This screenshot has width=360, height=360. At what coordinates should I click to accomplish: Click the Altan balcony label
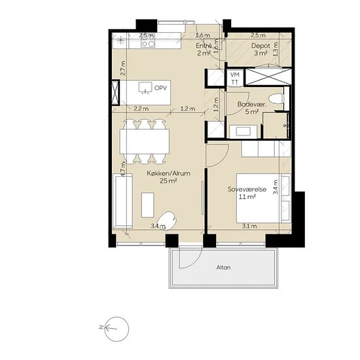click(x=223, y=268)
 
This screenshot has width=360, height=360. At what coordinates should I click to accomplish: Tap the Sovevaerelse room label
click(x=247, y=189)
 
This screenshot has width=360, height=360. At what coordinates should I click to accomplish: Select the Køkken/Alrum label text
click(x=168, y=173)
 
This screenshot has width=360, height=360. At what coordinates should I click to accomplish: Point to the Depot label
click(x=261, y=46)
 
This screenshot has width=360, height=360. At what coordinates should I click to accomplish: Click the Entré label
click(x=204, y=46)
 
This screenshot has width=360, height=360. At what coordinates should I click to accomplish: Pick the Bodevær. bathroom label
click(x=252, y=105)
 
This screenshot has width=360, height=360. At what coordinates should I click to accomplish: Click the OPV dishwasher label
click(x=161, y=88)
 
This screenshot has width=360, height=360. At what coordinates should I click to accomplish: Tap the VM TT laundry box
click(x=235, y=78)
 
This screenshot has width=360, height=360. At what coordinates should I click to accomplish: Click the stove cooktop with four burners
click(x=148, y=41)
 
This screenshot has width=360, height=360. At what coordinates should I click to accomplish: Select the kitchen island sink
click(x=145, y=88)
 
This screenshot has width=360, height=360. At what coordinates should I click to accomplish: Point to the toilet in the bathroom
click(x=276, y=99)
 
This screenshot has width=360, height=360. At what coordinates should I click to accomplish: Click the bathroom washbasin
click(x=243, y=132)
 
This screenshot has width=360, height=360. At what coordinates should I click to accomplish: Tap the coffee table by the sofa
click(x=147, y=205)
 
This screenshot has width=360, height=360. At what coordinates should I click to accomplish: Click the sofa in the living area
click(x=122, y=201)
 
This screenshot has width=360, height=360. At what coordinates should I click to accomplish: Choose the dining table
click(x=145, y=141)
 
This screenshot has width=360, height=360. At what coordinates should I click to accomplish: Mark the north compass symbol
click(x=117, y=329)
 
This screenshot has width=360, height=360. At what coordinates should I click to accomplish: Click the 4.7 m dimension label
click(x=123, y=169)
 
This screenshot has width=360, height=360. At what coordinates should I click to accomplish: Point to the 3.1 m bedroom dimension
click(x=249, y=226)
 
